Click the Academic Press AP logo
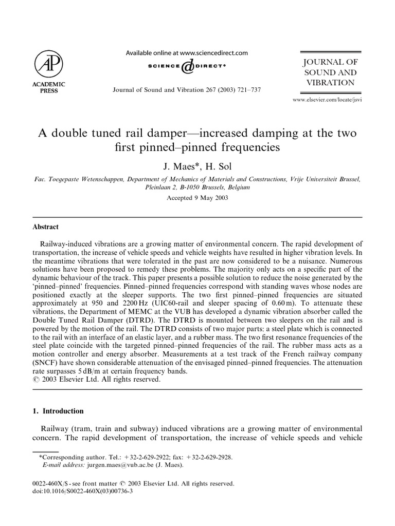click(x=49, y=64)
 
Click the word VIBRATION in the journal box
click(x=330, y=82)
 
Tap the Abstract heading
click(x=46, y=227)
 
